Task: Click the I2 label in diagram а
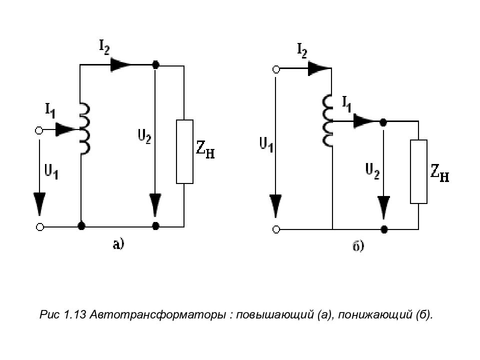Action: (x=104, y=47)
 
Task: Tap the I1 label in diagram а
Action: (x=50, y=110)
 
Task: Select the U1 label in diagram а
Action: (x=51, y=171)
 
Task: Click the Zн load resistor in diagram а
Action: (x=184, y=151)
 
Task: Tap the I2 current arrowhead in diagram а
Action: (x=120, y=64)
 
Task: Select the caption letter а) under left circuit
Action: (x=118, y=244)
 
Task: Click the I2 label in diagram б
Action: (x=302, y=50)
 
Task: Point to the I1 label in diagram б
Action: (x=346, y=104)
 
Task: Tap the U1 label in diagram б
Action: (x=266, y=144)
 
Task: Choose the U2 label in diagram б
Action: (x=372, y=171)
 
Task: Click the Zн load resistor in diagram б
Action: (x=419, y=171)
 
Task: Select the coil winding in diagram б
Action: (x=327, y=120)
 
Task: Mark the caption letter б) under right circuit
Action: (x=358, y=246)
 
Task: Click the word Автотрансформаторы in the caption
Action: (x=156, y=314)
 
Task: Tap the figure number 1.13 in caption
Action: (x=75, y=314)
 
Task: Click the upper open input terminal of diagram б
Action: (x=276, y=70)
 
